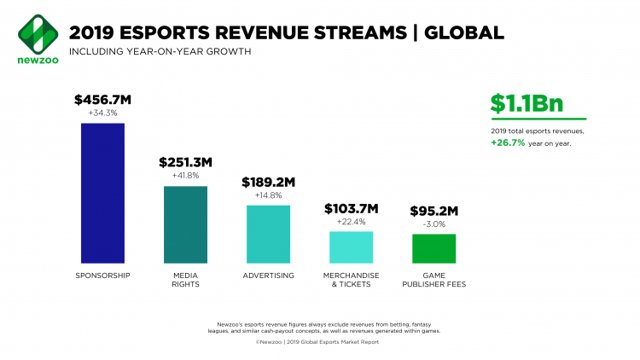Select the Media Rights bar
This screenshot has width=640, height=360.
[x=185, y=224]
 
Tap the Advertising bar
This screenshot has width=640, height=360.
[x=268, y=234]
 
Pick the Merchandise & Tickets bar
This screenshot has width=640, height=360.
[x=351, y=247]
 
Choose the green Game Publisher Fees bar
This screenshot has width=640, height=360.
[x=433, y=248]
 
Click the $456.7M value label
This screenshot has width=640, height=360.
[x=102, y=99]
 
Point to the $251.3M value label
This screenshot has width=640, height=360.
[x=185, y=162]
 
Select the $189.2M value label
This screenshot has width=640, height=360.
[x=268, y=182]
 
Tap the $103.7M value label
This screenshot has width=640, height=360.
[x=351, y=208]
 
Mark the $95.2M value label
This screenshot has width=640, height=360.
[x=433, y=210]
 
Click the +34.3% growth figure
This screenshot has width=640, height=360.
[x=102, y=113]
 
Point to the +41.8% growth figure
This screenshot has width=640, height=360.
[x=185, y=176]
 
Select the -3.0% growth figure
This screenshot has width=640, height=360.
[x=433, y=224]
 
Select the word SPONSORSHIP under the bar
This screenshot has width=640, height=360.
[x=102, y=276]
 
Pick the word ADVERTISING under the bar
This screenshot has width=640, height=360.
[x=268, y=276]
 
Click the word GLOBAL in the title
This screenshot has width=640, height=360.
[x=459, y=33]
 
